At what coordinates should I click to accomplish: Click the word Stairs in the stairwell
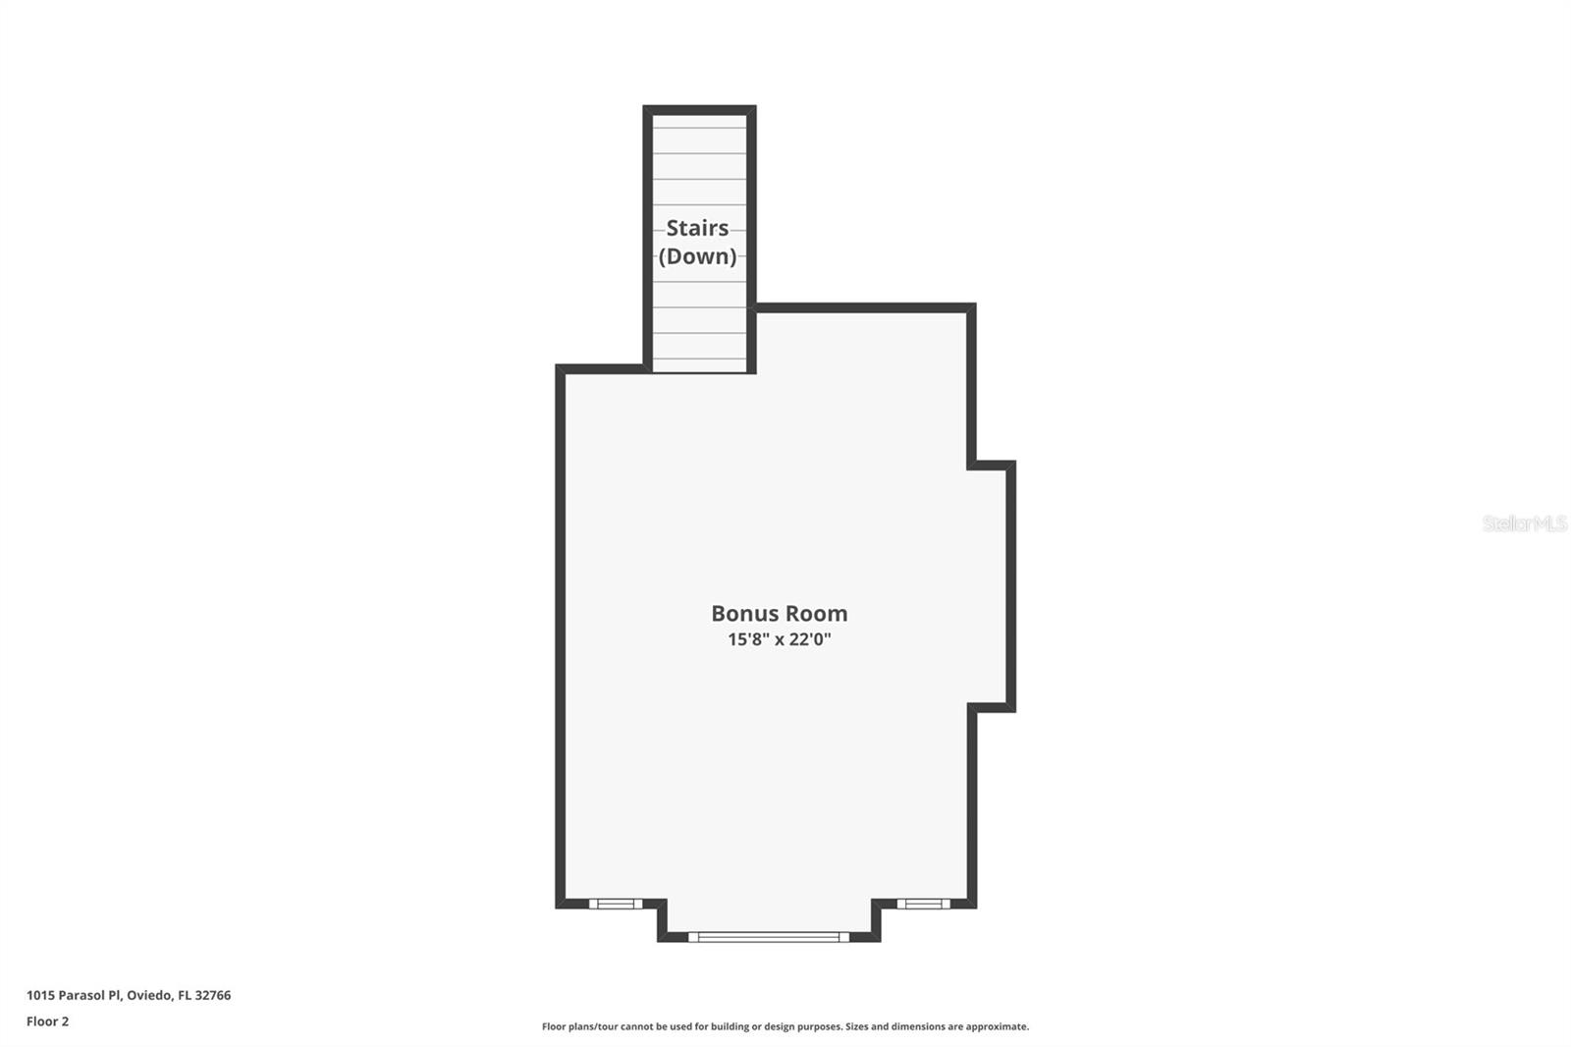coord(697,228)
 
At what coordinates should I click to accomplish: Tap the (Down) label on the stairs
coord(697,256)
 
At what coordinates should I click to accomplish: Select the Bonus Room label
coord(779,614)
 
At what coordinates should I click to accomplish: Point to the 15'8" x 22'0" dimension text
coord(779,639)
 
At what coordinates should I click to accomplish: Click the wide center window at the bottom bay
coord(769,937)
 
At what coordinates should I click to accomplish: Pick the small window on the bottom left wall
coord(616,904)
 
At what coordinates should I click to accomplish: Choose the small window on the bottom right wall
coord(923,904)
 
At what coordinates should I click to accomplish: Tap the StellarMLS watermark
coord(1524,523)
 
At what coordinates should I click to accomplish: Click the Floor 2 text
coord(47,1021)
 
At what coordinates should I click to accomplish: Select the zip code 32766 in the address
coord(213,995)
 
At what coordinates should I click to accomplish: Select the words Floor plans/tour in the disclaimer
coord(580,1026)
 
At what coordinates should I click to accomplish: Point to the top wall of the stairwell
coord(699,109)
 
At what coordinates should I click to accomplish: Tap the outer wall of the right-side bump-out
coord(1010,585)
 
